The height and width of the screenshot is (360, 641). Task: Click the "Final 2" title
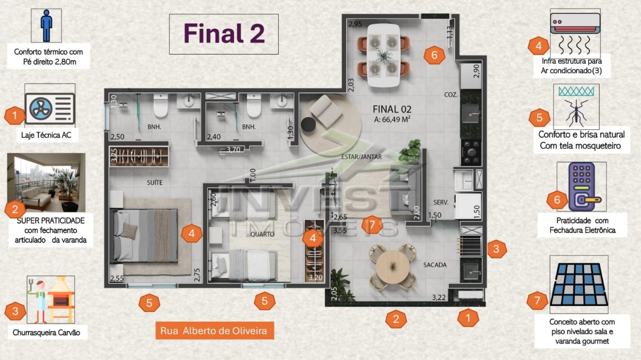pyautogui.click(x=224, y=34)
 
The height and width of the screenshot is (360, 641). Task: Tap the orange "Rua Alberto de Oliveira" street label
pyautogui.click(x=215, y=331)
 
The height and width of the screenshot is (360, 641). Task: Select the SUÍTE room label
pyautogui.click(x=155, y=183)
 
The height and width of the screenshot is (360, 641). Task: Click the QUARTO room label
pyautogui.click(x=262, y=234)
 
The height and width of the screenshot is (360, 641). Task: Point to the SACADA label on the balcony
pyautogui.click(x=435, y=265)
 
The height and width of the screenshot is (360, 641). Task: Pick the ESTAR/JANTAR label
pyautogui.click(x=362, y=157)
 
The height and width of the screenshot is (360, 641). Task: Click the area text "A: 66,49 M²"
pyautogui.click(x=392, y=119)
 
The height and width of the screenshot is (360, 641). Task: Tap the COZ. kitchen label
pyautogui.click(x=451, y=95)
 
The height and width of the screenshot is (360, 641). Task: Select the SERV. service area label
pyautogui.click(x=441, y=202)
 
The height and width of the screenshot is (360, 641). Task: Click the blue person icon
pyautogui.click(x=46, y=26)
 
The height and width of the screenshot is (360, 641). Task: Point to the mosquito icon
pyautogui.click(x=576, y=113)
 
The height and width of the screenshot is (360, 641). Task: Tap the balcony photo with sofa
pyautogui.click(x=46, y=182)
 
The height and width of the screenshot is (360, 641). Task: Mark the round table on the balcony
pyautogui.click(x=393, y=267)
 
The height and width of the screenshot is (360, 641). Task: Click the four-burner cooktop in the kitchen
pyautogui.click(x=471, y=153)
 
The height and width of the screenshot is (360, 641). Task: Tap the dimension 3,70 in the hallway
pyautogui.click(x=233, y=150)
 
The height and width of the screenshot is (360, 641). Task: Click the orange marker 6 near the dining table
pyautogui.click(x=434, y=55)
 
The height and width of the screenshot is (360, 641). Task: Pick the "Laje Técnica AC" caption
pyautogui.click(x=46, y=135)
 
